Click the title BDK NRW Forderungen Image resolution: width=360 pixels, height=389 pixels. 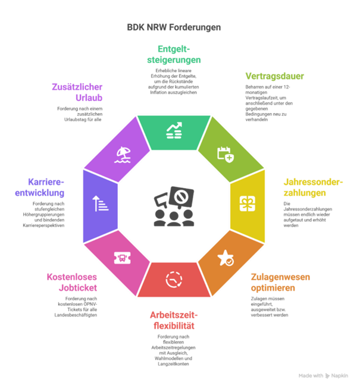click(174, 27)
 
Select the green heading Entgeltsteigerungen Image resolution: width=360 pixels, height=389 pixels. click(174, 54)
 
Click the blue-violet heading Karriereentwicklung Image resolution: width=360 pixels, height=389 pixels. click(46, 187)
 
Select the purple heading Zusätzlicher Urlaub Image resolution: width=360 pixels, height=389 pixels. click(77, 92)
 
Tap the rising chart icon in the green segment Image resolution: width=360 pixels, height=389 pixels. click(174, 130)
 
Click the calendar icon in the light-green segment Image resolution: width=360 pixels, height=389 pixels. click(226, 153)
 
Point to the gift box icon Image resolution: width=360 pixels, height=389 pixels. click(246, 204)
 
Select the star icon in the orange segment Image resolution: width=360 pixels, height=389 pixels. click(226, 257)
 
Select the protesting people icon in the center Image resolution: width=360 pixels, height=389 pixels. click(174, 206)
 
